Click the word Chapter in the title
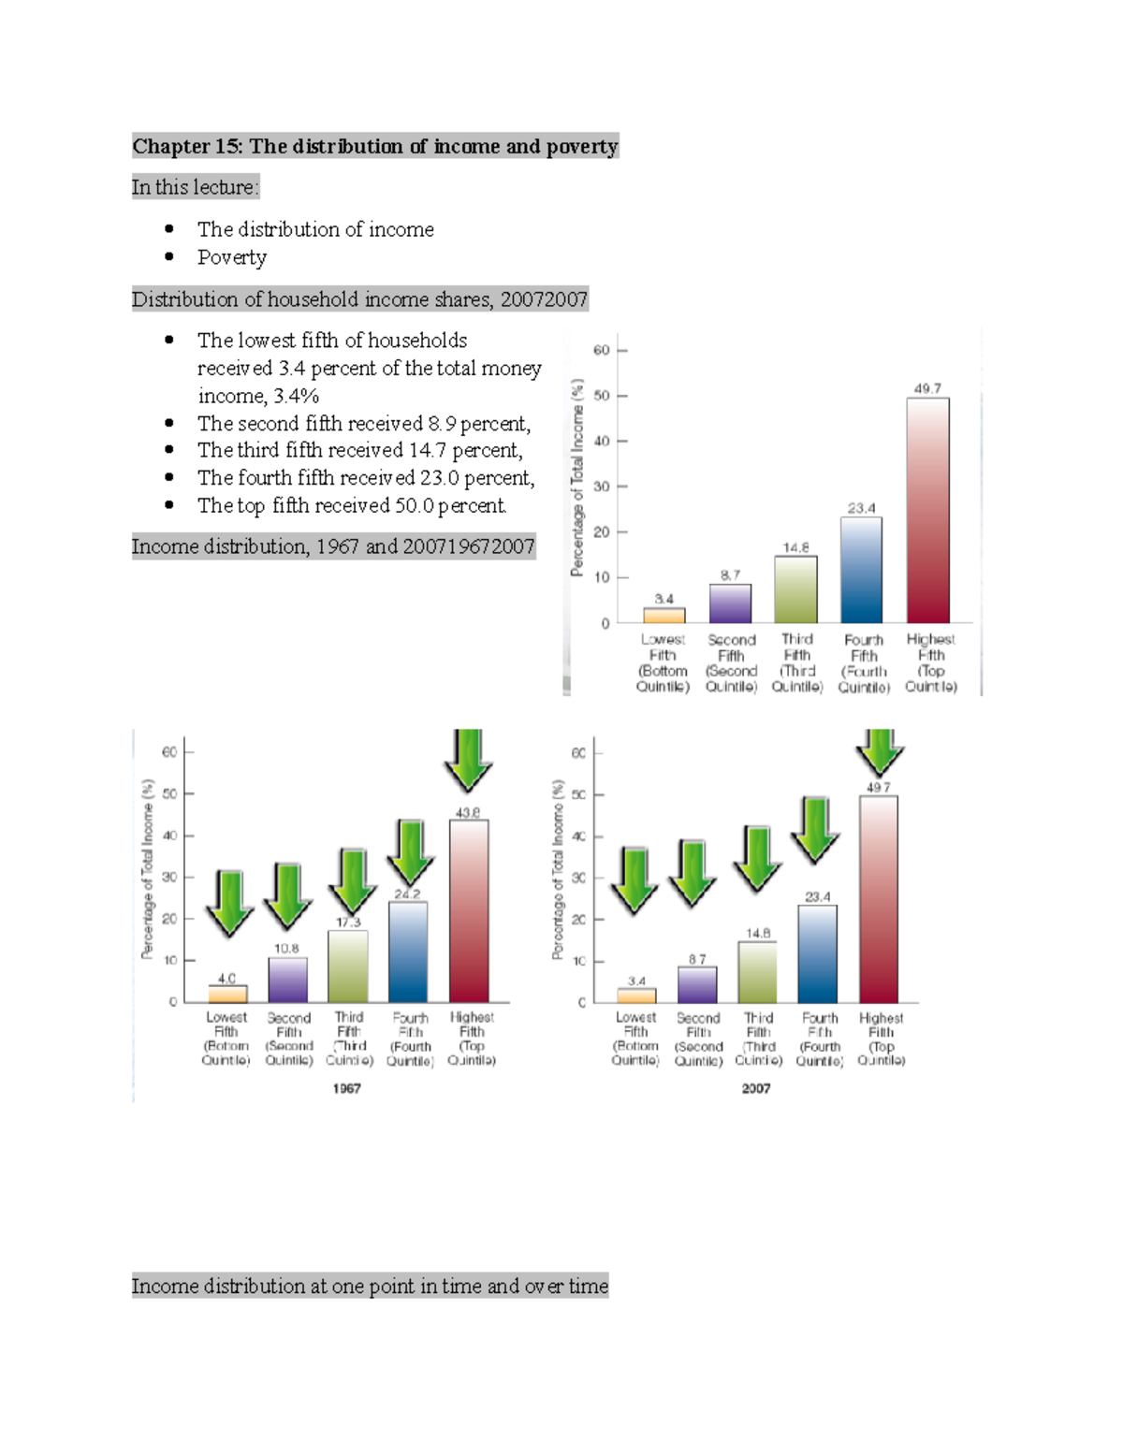coord(171,147)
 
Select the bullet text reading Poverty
coord(232,257)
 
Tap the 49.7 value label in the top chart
coord(927,388)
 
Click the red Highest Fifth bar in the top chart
coord(927,510)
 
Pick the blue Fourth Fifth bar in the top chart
coord(861,570)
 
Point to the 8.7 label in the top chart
coord(730,574)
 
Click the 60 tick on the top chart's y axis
coord(601,351)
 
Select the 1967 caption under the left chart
coord(346,1088)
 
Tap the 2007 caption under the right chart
coord(756,1088)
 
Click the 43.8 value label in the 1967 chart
coord(468,812)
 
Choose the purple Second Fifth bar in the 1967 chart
coord(288,980)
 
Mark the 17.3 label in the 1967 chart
coord(348,923)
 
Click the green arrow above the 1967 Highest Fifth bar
coord(468,758)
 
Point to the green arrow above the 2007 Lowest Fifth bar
coord(635,879)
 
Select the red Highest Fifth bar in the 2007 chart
coord(878,898)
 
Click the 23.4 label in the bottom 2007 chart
coord(817,896)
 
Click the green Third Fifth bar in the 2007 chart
coord(757,972)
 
